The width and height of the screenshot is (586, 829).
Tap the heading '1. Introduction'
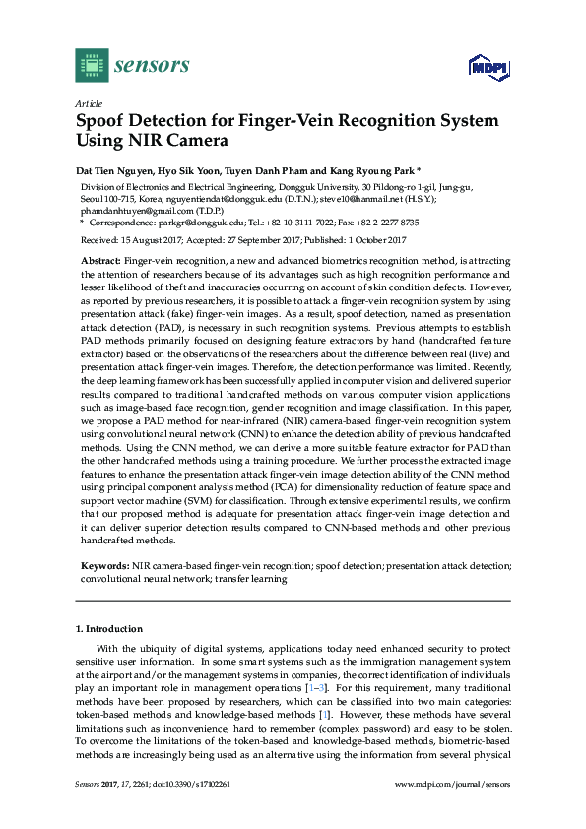[x=109, y=628]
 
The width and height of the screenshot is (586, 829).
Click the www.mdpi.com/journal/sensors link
[x=452, y=783]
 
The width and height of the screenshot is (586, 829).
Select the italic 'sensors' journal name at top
[x=152, y=66]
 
